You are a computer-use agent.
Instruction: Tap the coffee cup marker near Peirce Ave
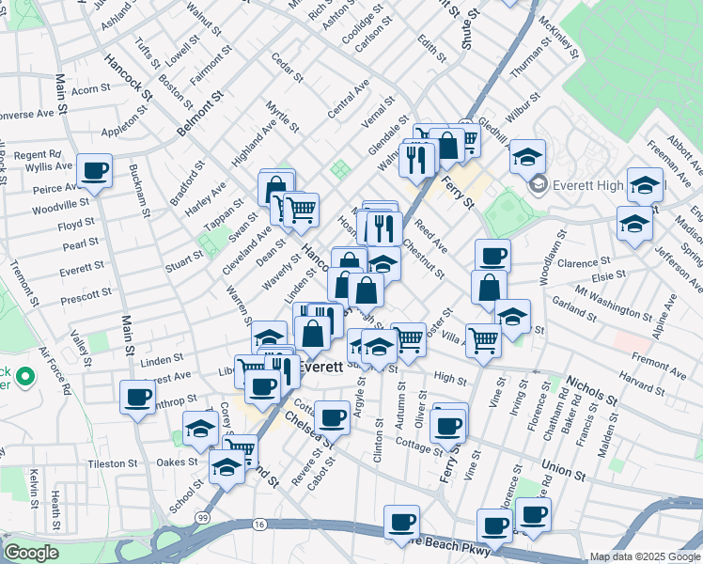point(94,171)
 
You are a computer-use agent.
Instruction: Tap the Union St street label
point(564,467)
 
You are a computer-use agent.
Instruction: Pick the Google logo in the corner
point(32,552)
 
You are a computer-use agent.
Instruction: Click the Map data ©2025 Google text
point(644,556)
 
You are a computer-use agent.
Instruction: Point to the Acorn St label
point(91,90)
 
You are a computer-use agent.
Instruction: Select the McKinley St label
point(558,39)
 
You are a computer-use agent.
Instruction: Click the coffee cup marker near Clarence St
point(492,256)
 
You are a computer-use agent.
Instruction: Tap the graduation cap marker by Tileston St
point(227,466)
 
